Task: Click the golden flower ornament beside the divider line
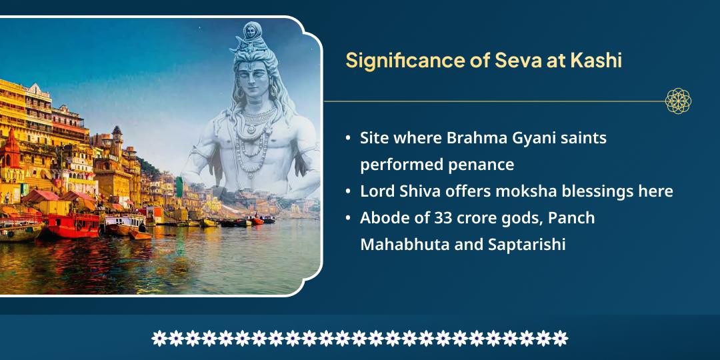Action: coord(678,101)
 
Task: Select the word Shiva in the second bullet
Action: coord(417,191)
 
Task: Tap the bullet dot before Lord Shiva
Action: coord(348,192)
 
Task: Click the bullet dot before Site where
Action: coord(348,139)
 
